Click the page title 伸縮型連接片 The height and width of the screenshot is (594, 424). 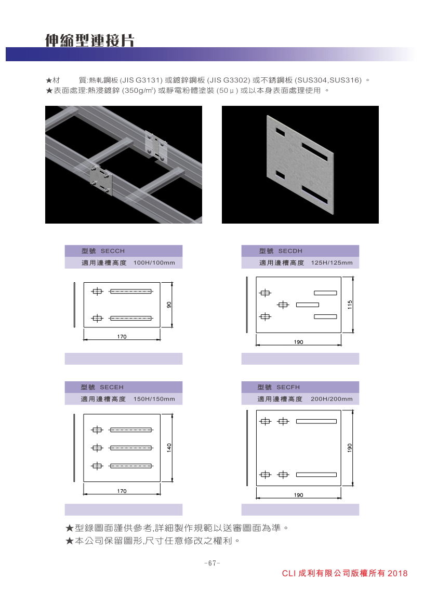89,40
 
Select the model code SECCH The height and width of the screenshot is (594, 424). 113,251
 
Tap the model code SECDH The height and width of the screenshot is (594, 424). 290,251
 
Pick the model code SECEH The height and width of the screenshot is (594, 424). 112,387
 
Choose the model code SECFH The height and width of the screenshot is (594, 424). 288,387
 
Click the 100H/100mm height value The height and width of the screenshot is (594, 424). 154,263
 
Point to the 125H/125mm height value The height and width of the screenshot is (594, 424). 332,263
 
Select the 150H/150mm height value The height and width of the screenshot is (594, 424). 154,399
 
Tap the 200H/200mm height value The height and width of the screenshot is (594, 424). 332,399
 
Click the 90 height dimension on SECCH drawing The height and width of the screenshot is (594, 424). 169,305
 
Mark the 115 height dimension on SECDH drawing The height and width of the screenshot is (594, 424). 350,305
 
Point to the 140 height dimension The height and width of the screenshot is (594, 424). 169,448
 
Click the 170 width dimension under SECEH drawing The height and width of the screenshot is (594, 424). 122,491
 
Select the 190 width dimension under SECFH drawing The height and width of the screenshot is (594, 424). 299,495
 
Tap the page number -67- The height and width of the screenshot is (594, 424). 212,563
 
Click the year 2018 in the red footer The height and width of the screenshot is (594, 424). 398,574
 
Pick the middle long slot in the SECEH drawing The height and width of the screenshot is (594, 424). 131,448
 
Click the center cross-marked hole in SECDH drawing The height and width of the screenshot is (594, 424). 283,305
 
